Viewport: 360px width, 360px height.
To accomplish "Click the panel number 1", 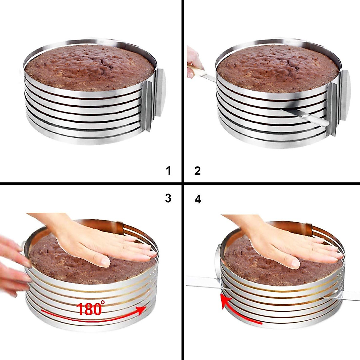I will click(x=168, y=170).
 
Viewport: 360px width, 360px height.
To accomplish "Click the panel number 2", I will click(x=197, y=171).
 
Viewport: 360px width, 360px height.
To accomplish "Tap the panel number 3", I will click(x=168, y=198).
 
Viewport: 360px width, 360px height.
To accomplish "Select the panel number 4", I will click(x=198, y=199).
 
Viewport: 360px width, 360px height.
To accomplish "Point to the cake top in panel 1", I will click(x=90, y=67).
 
